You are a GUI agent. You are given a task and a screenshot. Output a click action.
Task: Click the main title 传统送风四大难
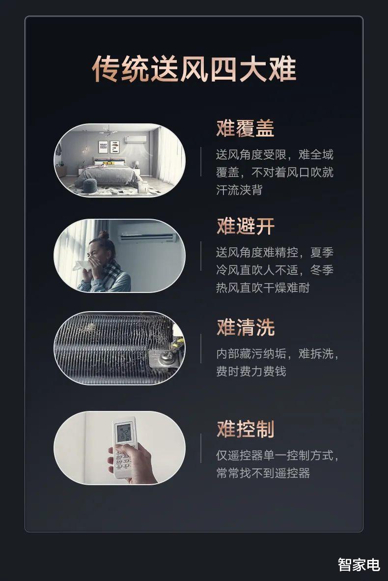pyautogui.click(x=194, y=69)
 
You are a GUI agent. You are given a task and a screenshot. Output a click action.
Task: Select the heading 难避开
pyautogui.click(x=245, y=227)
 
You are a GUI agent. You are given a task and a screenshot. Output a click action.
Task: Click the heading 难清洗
pyautogui.click(x=245, y=327)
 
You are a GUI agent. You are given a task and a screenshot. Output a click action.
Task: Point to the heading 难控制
pyautogui.click(x=245, y=429)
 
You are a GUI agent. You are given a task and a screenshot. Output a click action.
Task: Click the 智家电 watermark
pyautogui.click(x=359, y=565)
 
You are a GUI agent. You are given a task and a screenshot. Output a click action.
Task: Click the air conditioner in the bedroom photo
pyautogui.click(x=135, y=140)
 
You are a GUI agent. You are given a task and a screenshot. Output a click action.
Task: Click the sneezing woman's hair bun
pyautogui.click(x=103, y=235)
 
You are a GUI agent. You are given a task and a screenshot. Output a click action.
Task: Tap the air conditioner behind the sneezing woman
pyautogui.click(x=147, y=236)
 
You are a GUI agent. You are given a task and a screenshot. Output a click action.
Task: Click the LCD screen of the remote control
pyautogui.click(x=124, y=433)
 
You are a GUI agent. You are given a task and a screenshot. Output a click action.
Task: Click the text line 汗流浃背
pyautogui.click(x=239, y=190)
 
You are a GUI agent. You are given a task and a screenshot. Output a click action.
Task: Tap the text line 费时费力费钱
pyautogui.click(x=251, y=371)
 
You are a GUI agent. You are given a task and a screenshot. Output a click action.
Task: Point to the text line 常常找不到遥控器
pyautogui.click(x=263, y=473)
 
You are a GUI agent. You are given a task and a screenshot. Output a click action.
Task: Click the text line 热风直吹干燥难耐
pyautogui.click(x=263, y=288)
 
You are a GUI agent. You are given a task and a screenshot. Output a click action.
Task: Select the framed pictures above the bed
pyautogui.click(x=109, y=146)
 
